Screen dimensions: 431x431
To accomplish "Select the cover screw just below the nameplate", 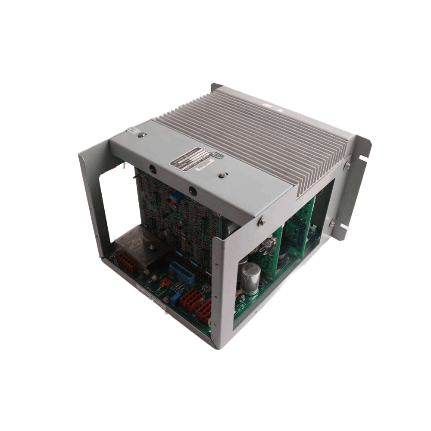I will [222, 175].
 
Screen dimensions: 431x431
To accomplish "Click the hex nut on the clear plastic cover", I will [151, 247].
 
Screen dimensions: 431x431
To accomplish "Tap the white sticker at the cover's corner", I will [132, 131].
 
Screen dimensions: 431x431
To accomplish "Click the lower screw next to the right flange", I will [332, 224].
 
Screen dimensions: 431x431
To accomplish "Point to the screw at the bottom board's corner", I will [113, 256].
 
